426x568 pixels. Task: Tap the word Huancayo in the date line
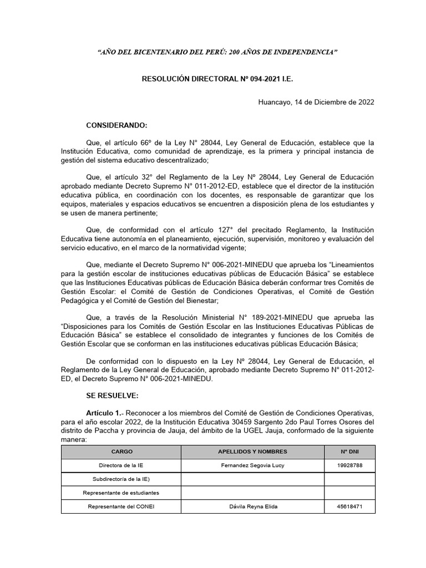coord(275,102)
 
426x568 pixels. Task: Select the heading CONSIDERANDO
coord(116,125)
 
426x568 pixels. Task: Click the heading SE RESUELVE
coord(113,397)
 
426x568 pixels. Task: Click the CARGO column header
coord(121,452)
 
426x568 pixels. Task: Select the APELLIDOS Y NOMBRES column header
coord(252,452)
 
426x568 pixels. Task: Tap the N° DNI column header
coord(349,452)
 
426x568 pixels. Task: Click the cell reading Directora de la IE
coord(121,465)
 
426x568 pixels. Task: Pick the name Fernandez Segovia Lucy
coord(252,465)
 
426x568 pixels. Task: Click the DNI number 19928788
coord(349,465)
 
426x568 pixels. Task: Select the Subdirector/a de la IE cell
coord(121,479)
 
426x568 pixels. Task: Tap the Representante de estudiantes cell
coord(121,493)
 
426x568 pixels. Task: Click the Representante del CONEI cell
coord(121,506)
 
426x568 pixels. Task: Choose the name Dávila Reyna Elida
coord(252,506)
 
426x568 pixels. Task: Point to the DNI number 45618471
coord(349,506)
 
